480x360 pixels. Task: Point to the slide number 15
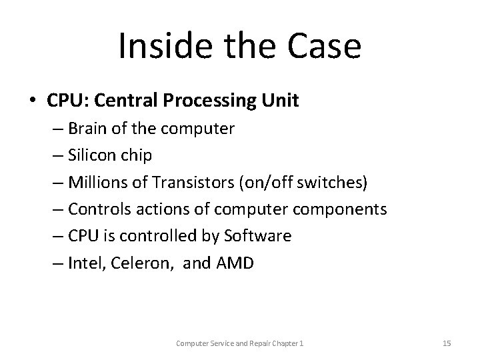coord(447,343)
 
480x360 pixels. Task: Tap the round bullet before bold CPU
coord(33,101)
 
